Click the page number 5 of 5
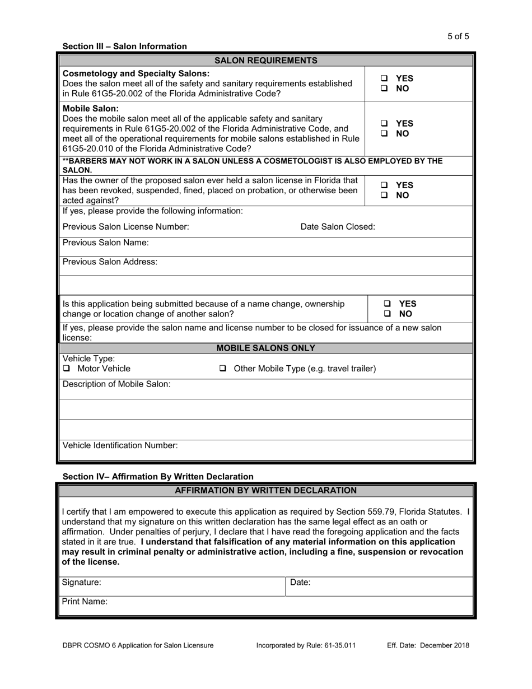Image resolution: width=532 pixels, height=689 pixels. click(458, 36)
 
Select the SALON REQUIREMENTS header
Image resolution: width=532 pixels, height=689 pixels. click(266, 60)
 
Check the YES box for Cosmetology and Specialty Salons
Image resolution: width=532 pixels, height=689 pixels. click(384, 79)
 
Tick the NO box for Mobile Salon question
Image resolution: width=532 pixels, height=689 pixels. click(384, 134)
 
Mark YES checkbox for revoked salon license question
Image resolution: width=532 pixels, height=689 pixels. click(384, 185)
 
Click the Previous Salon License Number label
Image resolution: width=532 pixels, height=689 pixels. click(125, 227)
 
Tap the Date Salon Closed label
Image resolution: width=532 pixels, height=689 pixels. click(338, 227)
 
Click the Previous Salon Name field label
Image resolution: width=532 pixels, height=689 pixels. click(105, 243)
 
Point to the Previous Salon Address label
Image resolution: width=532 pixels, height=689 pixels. click(110, 262)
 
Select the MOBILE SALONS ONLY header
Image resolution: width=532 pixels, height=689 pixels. click(266, 348)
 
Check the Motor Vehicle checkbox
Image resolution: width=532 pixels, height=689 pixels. click(67, 369)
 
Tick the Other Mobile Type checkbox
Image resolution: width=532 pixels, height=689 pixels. click(222, 369)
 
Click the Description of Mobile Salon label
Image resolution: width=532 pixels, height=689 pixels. click(116, 384)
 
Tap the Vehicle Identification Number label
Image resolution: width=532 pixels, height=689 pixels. click(120, 445)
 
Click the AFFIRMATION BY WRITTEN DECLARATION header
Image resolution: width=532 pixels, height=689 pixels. click(266, 491)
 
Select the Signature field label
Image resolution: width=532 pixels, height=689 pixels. click(82, 583)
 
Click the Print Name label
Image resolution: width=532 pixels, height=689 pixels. click(85, 602)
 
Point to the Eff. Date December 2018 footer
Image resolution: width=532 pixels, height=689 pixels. click(428, 645)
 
